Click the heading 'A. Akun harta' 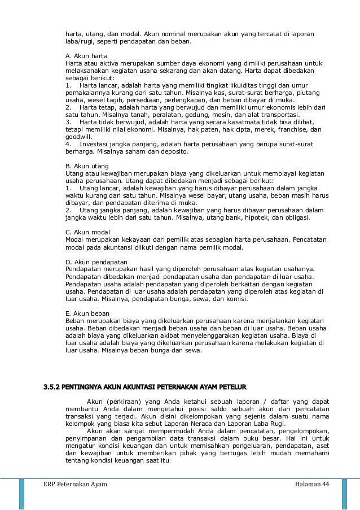point(82,55)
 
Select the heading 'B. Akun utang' point(83,167)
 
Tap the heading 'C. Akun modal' point(84,232)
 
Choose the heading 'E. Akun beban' point(84,313)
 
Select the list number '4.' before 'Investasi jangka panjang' point(68,144)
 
